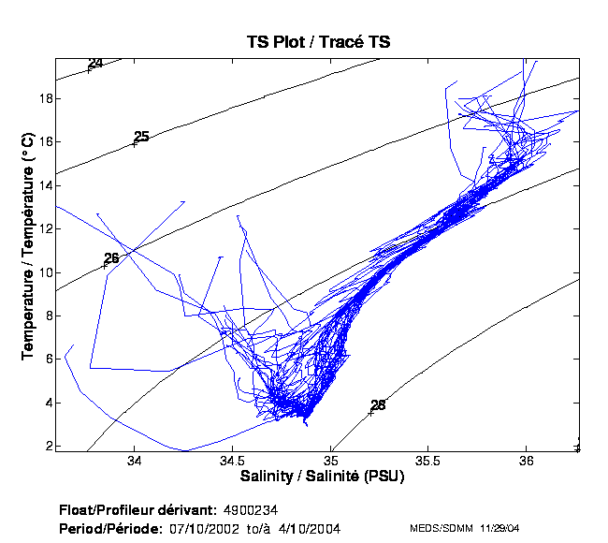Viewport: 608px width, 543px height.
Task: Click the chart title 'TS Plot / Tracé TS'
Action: (x=318, y=42)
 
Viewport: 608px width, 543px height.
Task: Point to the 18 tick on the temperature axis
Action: (x=43, y=98)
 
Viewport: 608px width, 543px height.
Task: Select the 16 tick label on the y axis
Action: (x=43, y=141)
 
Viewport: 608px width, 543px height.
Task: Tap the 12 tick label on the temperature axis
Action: (x=43, y=228)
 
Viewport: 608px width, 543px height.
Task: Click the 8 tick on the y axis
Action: (x=46, y=316)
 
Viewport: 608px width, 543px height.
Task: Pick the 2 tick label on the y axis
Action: (x=46, y=446)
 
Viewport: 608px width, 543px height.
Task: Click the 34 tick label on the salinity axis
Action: (x=135, y=462)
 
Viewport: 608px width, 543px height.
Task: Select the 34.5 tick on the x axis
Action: (x=233, y=462)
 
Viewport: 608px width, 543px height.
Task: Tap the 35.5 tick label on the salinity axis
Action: (x=428, y=462)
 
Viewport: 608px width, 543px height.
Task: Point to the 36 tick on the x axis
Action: (x=527, y=462)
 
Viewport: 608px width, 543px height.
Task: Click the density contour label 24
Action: (x=95, y=64)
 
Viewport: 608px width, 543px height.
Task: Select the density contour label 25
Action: (x=141, y=137)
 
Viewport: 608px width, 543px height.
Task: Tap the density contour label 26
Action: (x=111, y=258)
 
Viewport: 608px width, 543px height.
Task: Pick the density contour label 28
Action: (x=378, y=405)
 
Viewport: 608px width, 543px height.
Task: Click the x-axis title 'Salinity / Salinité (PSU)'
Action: (x=317, y=477)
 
